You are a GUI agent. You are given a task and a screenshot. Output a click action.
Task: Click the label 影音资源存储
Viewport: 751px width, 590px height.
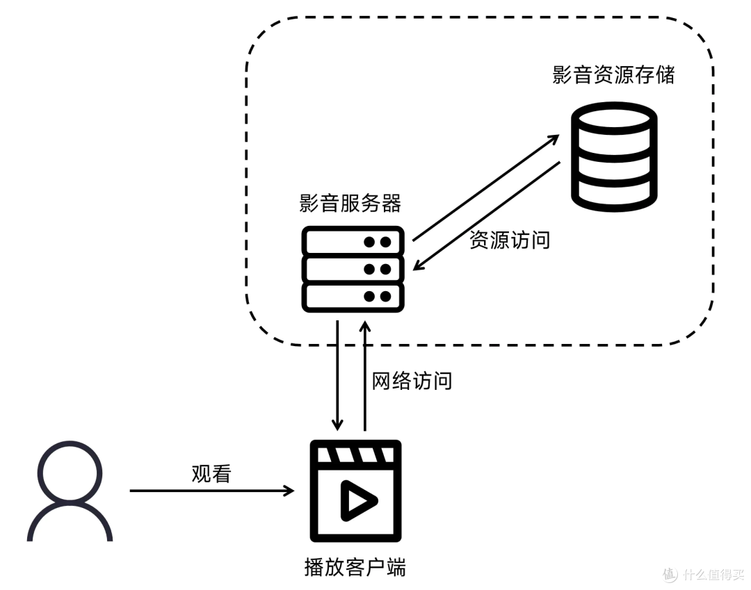(x=613, y=75)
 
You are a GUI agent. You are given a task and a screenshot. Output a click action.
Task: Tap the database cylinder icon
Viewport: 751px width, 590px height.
(x=613, y=158)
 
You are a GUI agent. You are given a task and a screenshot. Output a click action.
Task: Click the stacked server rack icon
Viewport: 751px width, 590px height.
(x=353, y=269)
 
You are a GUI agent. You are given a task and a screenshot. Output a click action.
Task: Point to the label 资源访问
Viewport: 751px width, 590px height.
(x=510, y=240)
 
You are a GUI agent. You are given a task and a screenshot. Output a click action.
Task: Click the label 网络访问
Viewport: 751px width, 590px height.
(x=412, y=381)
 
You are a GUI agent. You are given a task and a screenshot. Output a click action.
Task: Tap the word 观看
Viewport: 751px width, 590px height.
(x=211, y=474)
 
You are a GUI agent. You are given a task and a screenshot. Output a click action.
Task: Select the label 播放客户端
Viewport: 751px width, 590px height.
(x=355, y=567)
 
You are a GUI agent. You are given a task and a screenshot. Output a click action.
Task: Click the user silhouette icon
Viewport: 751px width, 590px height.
(x=70, y=492)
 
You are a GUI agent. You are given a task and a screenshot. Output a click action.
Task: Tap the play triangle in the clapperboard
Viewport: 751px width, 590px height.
(x=357, y=499)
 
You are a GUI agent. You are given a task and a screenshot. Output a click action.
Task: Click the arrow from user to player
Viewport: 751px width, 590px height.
(x=211, y=491)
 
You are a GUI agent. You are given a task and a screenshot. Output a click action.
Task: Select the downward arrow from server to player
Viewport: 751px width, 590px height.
(x=337, y=375)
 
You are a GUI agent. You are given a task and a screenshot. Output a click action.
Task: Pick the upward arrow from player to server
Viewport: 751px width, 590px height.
(x=364, y=375)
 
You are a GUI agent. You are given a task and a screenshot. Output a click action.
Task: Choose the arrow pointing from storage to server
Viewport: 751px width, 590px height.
(x=487, y=215)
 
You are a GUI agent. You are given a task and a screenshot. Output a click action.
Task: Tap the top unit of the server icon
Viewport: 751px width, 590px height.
(x=353, y=242)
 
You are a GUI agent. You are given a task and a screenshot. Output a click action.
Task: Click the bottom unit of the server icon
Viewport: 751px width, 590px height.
(x=353, y=296)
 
